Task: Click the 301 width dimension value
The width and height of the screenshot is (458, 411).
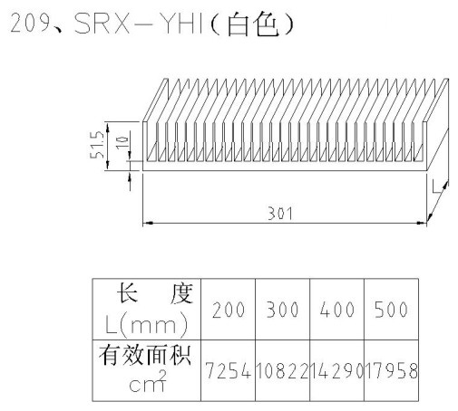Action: click(x=280, y=214)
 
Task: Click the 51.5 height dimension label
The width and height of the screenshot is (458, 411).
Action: click(x=97, y=145)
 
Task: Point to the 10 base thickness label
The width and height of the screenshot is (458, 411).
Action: click(x=122, y=142)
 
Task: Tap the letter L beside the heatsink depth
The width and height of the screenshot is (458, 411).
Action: click(x=436, y=186)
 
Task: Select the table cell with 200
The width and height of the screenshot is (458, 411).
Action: click(x=229, y=310)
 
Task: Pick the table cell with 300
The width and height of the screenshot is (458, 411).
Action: click(x=283, y=310)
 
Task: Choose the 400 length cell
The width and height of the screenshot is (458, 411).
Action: click(x=337, y=310)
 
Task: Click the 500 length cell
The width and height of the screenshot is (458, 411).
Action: click(x=392, y=310)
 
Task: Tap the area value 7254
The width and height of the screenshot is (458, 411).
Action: click(x=229, y=370)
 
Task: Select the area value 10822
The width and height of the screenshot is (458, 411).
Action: click(x=283, y=370)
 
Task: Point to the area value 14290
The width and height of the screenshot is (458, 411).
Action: click(x=337, y=370)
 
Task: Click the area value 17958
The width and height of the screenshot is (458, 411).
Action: click(x=392, y=370)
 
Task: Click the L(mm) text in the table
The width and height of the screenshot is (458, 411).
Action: click(x=147, y=325)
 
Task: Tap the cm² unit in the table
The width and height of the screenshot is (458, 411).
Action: click(x=148, y=382)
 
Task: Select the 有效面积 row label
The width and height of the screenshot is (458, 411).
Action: click(x=145, y=356)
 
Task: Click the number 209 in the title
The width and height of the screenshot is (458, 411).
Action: click(x=30, y=23)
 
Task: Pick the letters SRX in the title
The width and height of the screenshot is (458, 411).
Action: click(x=102, y=23)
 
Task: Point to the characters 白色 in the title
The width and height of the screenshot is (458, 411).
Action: click(x=253, y=24)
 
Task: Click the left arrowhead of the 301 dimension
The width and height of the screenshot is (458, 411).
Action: click(x=148, y=223)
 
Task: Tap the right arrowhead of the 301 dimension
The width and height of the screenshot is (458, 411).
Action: click(x=422, y=223)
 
